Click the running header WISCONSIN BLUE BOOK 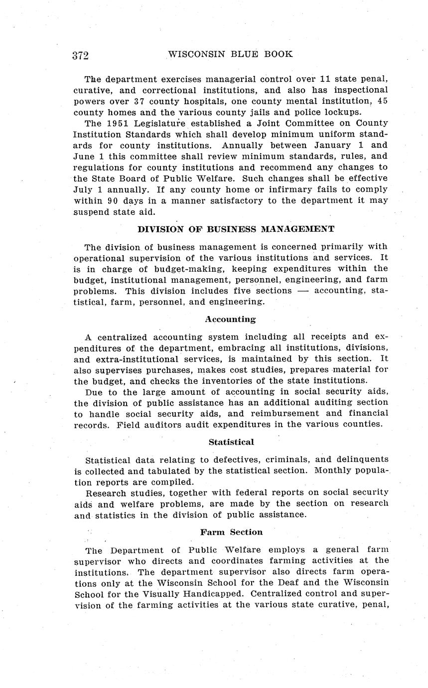click(x=230, y=54)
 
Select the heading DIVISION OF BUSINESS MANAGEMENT click(x=236, y=229)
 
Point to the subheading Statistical click(x=231, y=442)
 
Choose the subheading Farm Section click(x=231, y=532)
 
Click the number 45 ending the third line click(x=382, y=101)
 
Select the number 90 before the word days click(x=112, y=200)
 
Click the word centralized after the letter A click(x=123, y=337)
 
